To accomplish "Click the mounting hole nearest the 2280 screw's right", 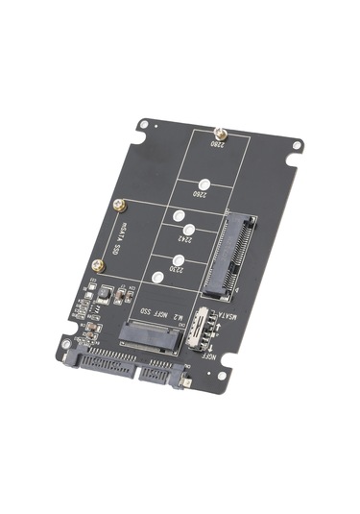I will point(297,146).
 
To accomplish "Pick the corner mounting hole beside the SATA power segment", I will point(65,343).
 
